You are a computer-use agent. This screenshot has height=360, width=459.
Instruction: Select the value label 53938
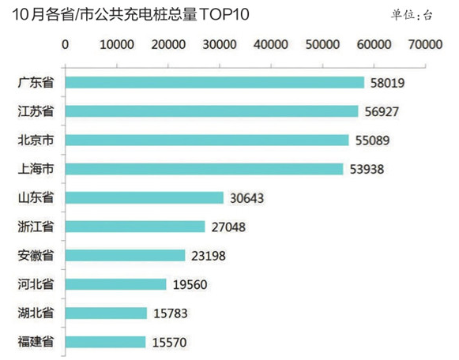point(369,169)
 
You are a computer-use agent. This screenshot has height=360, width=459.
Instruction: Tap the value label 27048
point(231,227)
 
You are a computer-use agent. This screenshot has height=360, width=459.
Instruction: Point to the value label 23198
point(211,256)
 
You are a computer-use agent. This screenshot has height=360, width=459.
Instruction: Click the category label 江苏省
point(36,111)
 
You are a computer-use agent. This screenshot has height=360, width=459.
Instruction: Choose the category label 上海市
point(36,169)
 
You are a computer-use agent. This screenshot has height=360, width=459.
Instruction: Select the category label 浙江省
point(36,227)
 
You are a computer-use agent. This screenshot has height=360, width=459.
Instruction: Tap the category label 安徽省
point(36,256)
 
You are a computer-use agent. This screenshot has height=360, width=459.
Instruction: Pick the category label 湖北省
point(36,313)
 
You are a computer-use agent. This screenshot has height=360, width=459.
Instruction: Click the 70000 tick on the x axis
point(424,45)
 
